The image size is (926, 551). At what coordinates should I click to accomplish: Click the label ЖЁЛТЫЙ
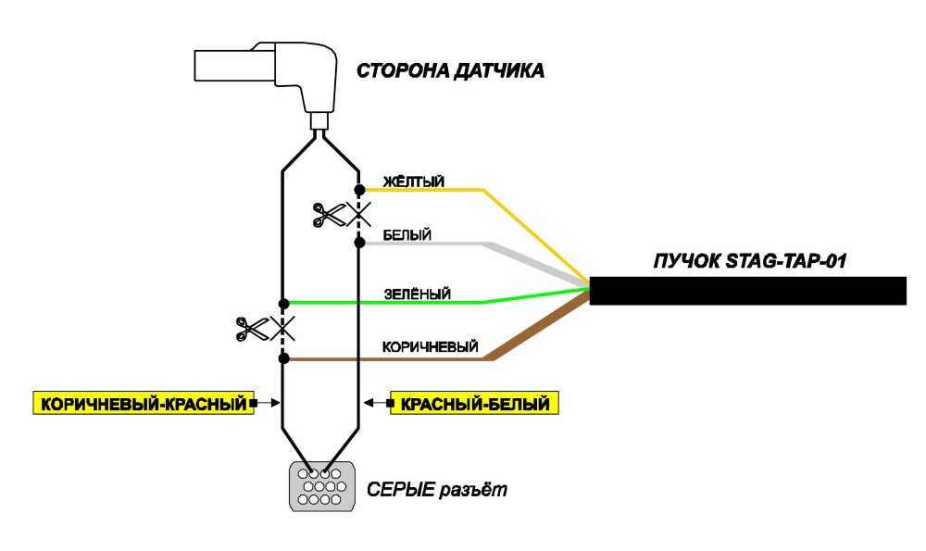[413, 182]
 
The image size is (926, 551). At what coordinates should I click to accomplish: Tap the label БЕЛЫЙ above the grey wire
[407, 235]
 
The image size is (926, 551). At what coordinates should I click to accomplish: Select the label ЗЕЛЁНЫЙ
[417, 294]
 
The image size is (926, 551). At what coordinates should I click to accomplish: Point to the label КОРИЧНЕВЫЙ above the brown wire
[430, 346]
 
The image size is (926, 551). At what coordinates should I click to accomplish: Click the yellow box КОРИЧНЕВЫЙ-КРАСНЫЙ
[144, 403]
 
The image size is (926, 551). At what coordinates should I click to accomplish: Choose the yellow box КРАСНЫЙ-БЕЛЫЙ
[474, 404]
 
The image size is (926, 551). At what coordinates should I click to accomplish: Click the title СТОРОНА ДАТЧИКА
[450, 71]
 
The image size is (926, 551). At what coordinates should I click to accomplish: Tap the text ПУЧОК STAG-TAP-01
[749, 261]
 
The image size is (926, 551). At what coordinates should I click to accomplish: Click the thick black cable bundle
[747, 291]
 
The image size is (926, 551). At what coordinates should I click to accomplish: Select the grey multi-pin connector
[322, 486]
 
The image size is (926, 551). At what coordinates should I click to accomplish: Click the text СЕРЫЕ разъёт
[437, 490]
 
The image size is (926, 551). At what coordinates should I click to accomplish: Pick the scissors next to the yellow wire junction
[329, 215]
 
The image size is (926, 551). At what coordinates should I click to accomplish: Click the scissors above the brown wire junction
[252, 329]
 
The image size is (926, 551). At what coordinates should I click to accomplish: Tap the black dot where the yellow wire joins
[359, 190]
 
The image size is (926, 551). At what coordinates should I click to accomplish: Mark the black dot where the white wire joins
[359, 242]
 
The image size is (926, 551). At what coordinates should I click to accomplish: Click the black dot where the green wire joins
[283, 304]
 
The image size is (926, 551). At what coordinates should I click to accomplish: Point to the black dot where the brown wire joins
[283, 357]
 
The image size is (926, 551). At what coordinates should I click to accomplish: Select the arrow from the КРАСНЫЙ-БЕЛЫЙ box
[378, 403]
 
